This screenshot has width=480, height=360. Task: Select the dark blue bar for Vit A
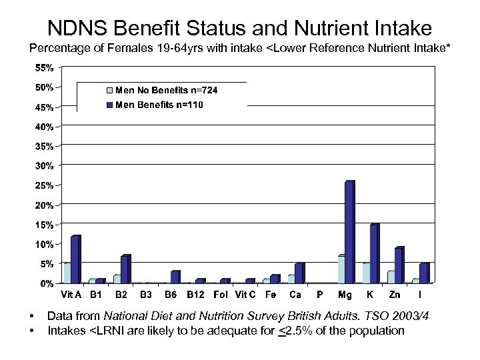[x=75, y=259]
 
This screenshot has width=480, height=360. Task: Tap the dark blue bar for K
[x=373, y=254]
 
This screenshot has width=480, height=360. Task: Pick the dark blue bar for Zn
[x=399, y=265]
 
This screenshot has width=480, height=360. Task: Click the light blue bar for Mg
[x=341, y=269]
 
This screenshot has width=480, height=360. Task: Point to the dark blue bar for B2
[x=125, y=269]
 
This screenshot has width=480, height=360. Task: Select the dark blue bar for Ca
[x=299, y=273]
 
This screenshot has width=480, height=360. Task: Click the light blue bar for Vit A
[x=67, y=273]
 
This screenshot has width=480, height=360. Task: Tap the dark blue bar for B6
[x=175, y=277]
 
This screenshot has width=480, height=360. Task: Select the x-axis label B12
[x=195, y=294]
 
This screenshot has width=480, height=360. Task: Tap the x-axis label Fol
[x=220, y=294]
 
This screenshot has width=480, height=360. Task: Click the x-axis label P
[x=319, y=294]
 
